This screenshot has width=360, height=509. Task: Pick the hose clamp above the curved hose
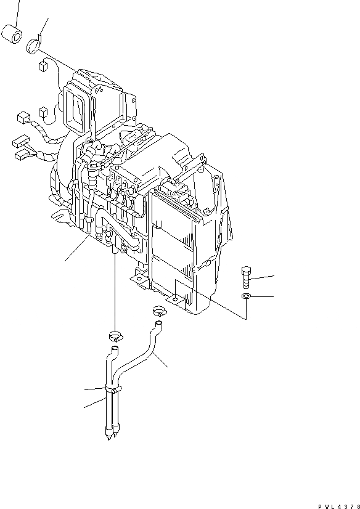[158, 312]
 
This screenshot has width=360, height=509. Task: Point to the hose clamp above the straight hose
[115, 336]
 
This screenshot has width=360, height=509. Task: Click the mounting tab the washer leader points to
[177, 299]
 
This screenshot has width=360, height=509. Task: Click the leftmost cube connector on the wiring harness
[22, 115]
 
